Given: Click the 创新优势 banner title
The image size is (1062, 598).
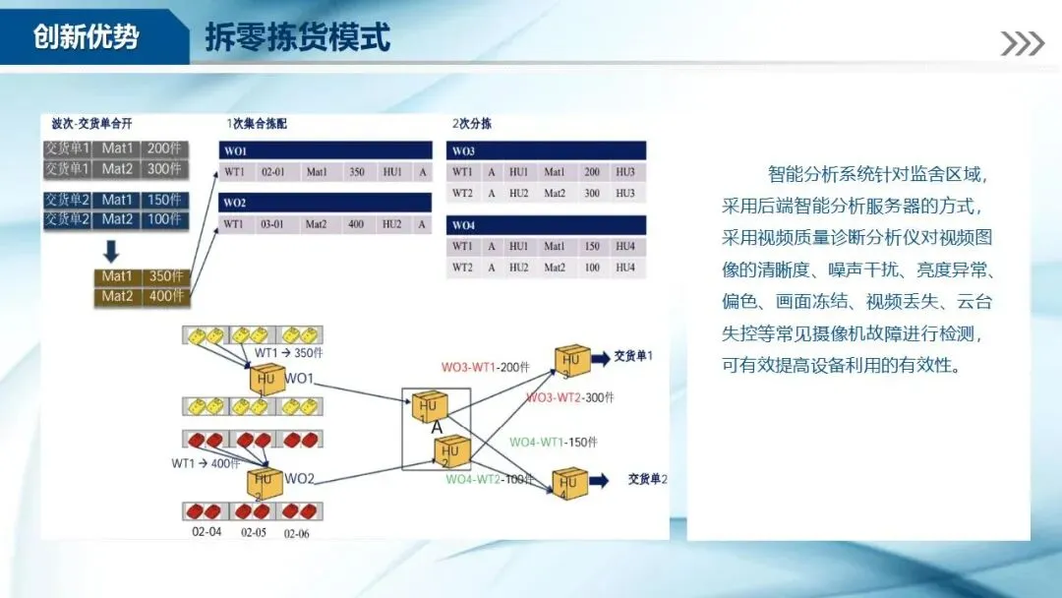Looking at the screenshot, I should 87,37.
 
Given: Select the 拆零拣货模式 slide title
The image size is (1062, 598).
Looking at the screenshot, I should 298,37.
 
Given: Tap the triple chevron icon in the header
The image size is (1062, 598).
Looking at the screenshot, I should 1023,43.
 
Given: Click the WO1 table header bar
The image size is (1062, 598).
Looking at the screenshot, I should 325,151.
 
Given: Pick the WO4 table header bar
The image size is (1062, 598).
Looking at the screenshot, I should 546,225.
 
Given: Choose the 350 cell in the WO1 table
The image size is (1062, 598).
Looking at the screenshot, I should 356,172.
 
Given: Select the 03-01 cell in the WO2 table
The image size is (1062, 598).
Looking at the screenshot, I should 272,224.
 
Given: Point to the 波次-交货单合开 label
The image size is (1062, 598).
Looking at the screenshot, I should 91,124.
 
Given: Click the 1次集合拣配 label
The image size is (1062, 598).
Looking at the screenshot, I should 257,124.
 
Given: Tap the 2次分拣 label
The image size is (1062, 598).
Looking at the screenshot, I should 472,124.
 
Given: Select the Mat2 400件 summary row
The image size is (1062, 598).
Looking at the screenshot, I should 142,296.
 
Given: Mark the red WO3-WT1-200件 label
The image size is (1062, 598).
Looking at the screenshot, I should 485,367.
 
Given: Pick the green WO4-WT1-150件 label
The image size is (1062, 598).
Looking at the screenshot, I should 553,443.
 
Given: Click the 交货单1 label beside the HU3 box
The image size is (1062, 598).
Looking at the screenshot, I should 633,355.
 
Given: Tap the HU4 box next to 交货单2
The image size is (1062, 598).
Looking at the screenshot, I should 569,483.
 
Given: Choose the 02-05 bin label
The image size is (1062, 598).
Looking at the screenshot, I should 254,533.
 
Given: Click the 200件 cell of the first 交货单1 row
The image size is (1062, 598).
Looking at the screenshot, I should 163,149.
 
